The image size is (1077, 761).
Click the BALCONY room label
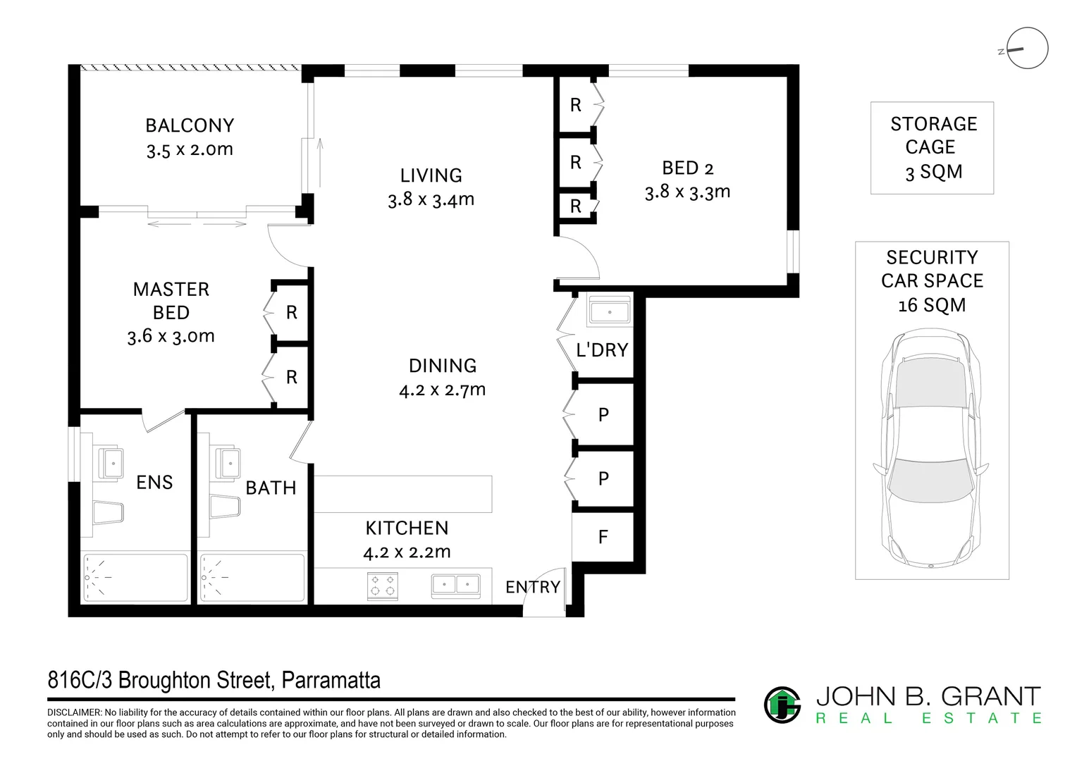[x=190, y=126]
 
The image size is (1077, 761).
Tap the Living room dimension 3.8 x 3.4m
[x=431, y=199]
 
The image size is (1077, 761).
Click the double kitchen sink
[x=456, y=586]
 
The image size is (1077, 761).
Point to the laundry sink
[x=609, y=311]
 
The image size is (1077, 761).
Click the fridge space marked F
[x=603, y=537]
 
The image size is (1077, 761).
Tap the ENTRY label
[x=533, y=587]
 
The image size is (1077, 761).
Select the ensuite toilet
[x=108, y=513]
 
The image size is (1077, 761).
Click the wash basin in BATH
[x=228, y=464]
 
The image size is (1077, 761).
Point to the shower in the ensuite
[x=135, y=577]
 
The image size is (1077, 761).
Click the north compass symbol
[x=1027, y=48]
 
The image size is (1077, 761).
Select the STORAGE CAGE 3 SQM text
[x=933, y=147]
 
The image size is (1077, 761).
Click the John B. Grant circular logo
[x=782, y=705]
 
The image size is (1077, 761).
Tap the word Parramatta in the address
[x=331, y=680]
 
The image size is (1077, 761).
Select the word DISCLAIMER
[x=74, y=712]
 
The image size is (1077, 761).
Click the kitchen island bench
[x=403, y=494]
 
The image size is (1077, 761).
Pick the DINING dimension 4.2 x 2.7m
[x=443, y=390]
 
